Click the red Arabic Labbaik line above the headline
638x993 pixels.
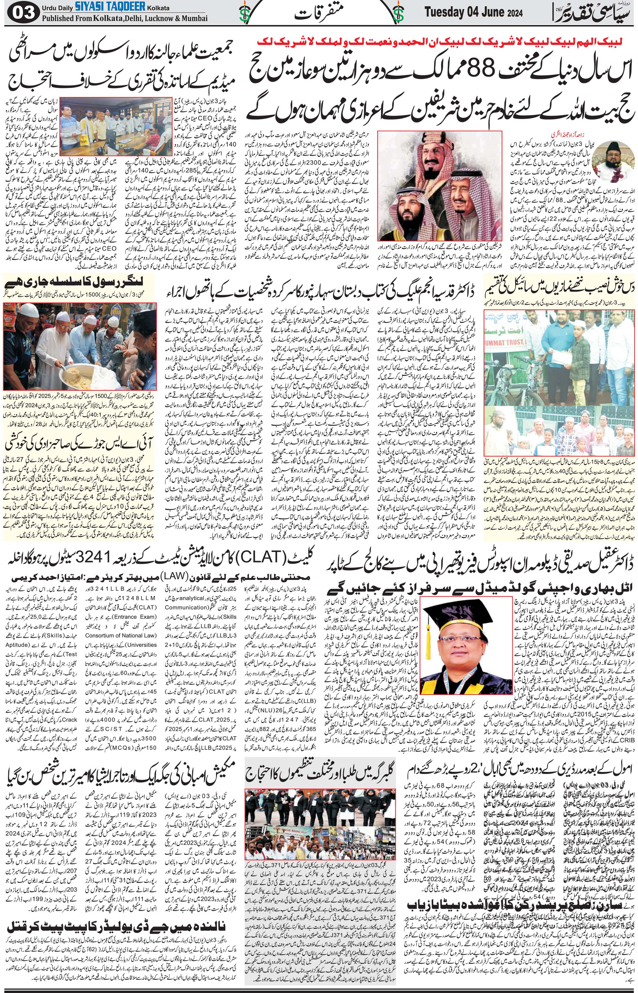click(x=445, y=41)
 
